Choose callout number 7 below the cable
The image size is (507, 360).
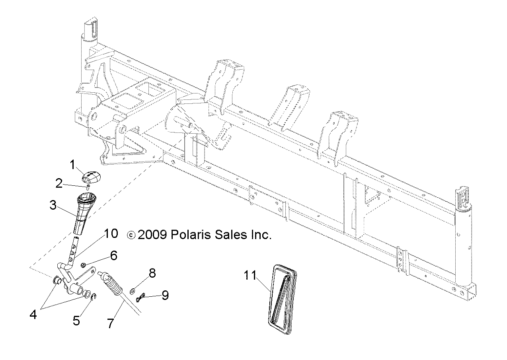110,323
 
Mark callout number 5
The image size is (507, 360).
76,321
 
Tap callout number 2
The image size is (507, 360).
59,183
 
